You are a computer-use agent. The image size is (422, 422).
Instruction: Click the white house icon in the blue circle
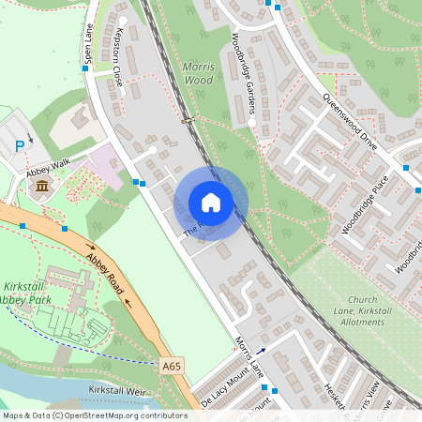211,203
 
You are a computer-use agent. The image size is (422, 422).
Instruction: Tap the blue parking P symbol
21,145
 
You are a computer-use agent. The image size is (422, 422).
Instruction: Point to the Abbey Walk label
48,166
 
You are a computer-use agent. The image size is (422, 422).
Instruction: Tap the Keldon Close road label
118,57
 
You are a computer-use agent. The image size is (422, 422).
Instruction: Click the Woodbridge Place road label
365,204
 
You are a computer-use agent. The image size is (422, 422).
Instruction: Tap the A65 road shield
171,365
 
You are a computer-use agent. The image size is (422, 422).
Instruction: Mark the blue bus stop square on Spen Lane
85,68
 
